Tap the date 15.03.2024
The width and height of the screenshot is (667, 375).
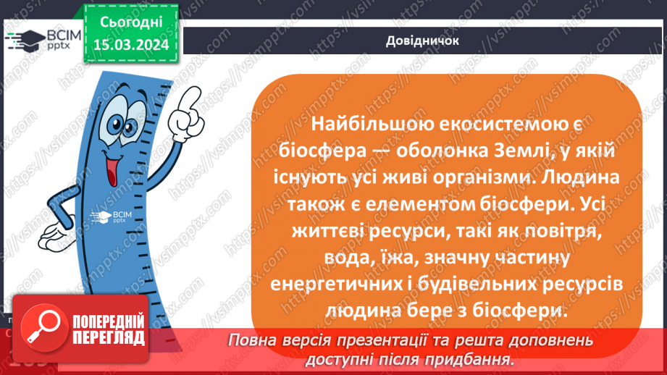[131, 45]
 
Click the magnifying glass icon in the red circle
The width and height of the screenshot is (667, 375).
[41, 331]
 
